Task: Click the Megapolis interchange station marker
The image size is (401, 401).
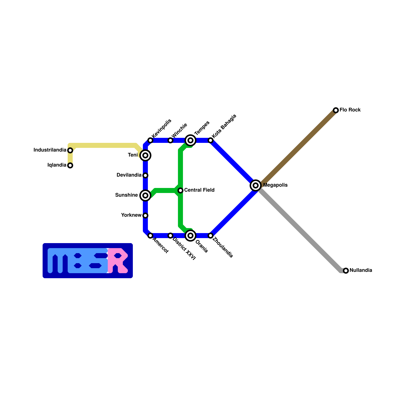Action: [x=256, y=185]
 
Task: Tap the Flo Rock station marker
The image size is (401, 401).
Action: [x=336, y=110]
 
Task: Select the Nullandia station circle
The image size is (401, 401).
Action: [x=346, y=270]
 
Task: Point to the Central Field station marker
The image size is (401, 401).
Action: [x=180, y=190]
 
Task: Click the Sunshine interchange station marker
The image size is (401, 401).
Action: [x=145, y=195]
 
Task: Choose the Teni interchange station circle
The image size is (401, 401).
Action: [x=145, y=155]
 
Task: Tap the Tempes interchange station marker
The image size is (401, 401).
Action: [x=190, y=140]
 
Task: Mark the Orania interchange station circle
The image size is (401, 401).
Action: [x=190, y=235]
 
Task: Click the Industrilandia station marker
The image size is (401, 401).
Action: [x=70, y=150]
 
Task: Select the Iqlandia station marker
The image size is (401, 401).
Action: [x=70, y=165]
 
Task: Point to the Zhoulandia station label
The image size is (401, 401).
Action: [x=223, y=248]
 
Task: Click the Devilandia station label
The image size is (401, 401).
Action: [x=129, y=175]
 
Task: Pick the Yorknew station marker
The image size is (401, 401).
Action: [x=145, y=215]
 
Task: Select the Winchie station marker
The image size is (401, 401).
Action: [x=170, y=140]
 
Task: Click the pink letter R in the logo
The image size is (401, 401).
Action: [x=118, y=261]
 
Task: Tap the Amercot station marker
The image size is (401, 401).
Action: [x=150, y=235]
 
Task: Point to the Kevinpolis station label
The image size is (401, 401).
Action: [x=162, y=128]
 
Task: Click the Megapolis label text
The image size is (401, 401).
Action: [x=275, y=185]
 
